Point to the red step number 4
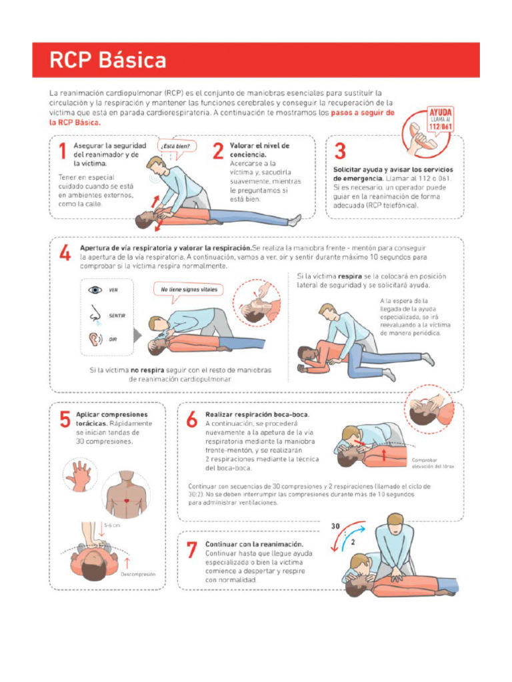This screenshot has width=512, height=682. (65, 254)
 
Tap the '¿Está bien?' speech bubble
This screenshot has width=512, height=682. (176, 146)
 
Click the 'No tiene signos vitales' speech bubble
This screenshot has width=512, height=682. (189, 290)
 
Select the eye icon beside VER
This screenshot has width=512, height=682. (94, 290)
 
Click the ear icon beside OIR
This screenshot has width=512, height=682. (94, 338)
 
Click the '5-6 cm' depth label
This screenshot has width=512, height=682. (112, 525)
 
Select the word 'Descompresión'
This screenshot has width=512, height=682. (138, 573)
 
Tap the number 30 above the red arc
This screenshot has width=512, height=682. (336, 526)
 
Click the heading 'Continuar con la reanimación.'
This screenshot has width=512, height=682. (249, 544)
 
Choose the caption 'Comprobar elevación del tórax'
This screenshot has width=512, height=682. (433, 463)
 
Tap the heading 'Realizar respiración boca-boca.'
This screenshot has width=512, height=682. (257, 414)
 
